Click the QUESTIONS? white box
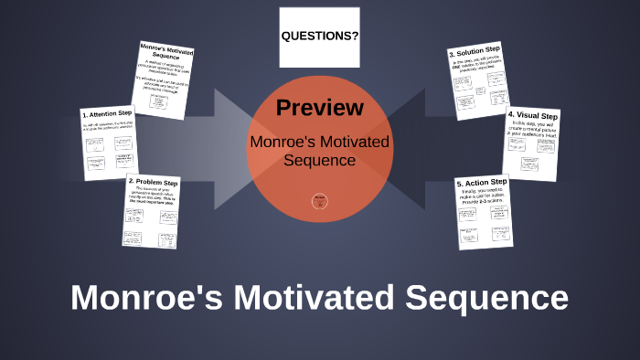pyautogui.click(x=319, y=37)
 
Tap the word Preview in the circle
pyautogui.click(x=319, y=107)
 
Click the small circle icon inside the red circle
pyautogui.click(x=319, y=200)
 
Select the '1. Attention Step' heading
pyautogui.click(x=107, y=115)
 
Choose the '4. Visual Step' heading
pyautogui.click(x=532, y=117)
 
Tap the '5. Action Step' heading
pyautogui.click(x=482, y=183)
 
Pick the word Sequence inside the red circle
pyautogui.click(x=319, y=160)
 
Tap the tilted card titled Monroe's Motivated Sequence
pyautogui.click(x=162, y=78)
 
